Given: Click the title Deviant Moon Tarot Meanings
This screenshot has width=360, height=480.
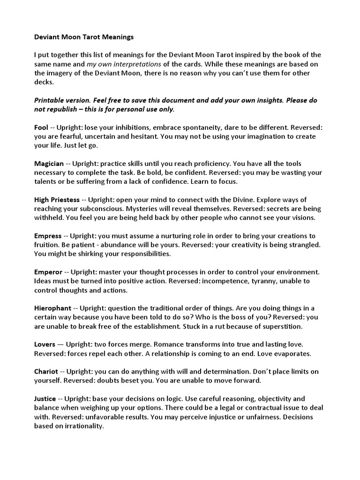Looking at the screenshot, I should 84,37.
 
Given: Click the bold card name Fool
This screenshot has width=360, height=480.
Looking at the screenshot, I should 41,127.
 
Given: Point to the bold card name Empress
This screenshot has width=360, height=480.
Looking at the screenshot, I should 48,236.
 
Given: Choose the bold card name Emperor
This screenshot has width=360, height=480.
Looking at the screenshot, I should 49,272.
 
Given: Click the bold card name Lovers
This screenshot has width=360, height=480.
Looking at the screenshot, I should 45,344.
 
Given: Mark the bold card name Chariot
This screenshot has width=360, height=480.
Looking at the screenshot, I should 46,371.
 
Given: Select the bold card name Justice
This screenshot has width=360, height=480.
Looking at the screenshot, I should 45,398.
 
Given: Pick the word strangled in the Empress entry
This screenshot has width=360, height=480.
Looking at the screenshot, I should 303,245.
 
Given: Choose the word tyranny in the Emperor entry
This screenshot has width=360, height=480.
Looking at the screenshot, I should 256,281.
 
